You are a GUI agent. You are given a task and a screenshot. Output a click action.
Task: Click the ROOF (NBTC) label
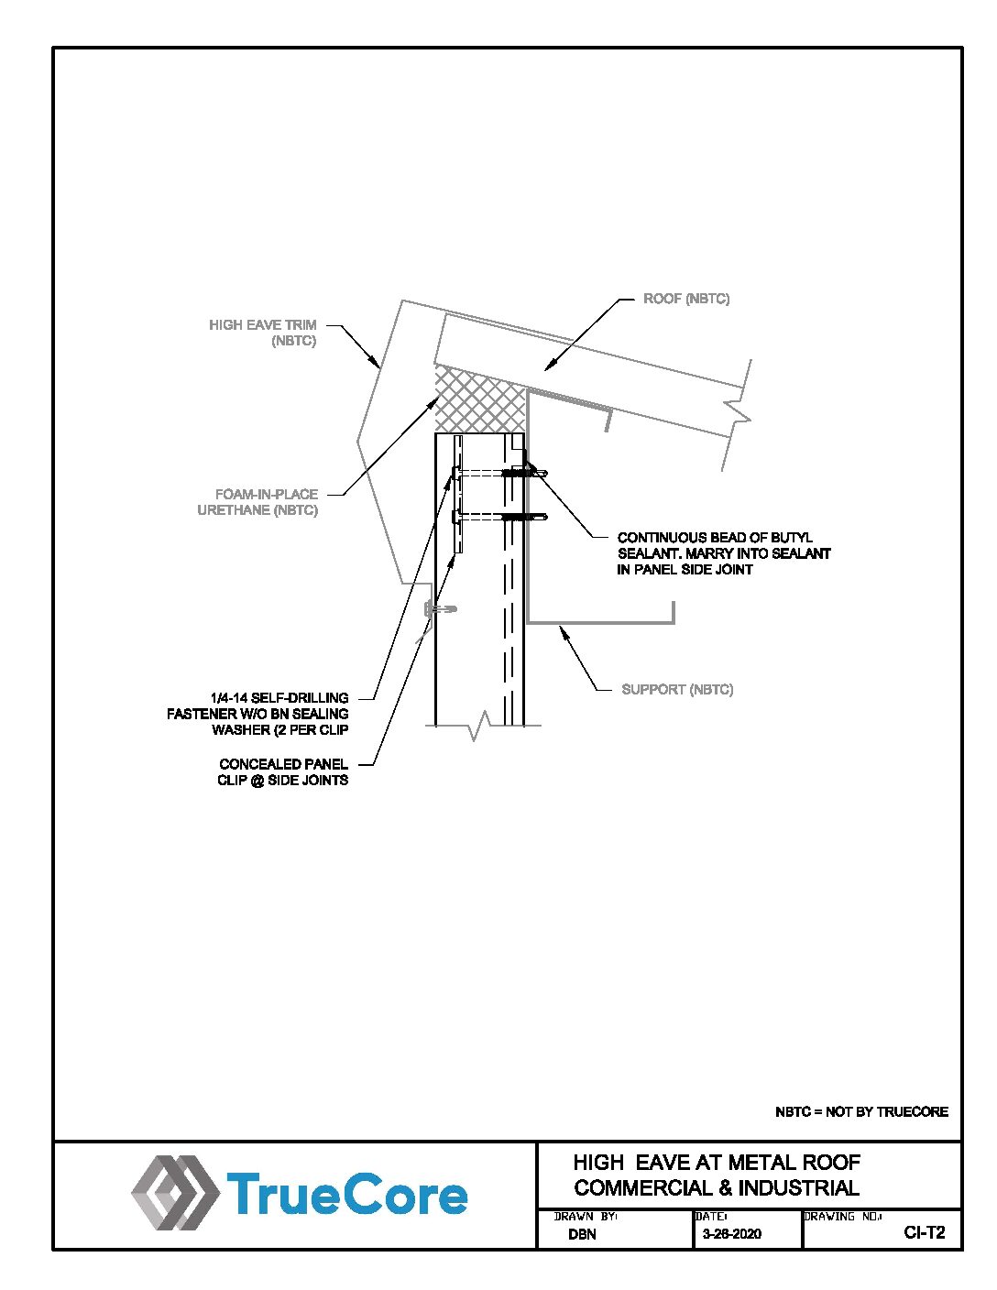pos(686,299)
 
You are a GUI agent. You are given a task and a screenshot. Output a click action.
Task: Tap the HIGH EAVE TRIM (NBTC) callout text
pos(263,333)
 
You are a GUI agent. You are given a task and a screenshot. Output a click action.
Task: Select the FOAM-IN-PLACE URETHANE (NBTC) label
pos(258,502)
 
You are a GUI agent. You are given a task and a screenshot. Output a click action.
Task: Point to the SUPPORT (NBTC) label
pos(677,689)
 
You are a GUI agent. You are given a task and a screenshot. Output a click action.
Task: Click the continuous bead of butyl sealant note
pos(724,553)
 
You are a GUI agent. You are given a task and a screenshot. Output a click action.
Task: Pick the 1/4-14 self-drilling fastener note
pos(258,714)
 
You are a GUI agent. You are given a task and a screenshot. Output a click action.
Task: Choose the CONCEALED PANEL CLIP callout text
pos(283,771)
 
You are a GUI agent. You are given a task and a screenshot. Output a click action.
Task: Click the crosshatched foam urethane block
pos(479,399)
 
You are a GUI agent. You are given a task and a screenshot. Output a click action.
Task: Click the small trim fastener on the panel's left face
pos(439,608)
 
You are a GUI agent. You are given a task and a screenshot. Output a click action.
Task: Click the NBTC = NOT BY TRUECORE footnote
pos(861,1111)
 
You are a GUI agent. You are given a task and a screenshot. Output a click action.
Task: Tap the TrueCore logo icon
pos(174,1192)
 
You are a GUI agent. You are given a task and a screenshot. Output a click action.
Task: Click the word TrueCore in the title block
pos(346,1195)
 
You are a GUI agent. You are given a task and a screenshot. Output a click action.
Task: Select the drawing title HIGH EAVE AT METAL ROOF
pos(717,1163)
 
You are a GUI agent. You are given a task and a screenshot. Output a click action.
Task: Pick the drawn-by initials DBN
pos(582,1234)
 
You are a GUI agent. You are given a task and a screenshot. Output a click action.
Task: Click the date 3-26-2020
pos(731,1234)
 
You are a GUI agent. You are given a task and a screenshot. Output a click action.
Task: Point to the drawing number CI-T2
pos(924,1232)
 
